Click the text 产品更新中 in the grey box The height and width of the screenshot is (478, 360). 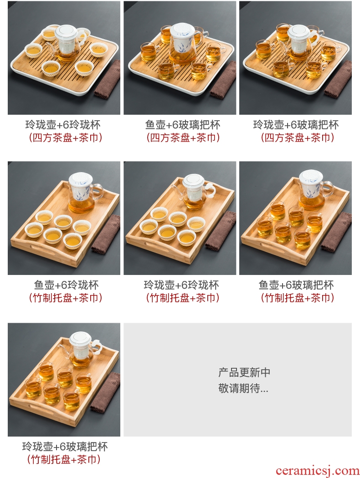click(244, 372)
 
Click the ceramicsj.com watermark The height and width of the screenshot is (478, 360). click(317, 471)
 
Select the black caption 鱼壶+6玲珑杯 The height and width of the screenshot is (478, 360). click(66, 285)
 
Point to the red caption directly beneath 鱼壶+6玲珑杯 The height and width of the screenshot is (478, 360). click(65, 298)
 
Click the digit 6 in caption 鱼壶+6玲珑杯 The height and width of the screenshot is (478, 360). click(64, 285)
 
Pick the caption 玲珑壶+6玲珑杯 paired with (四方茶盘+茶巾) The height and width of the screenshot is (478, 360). click(63, 125)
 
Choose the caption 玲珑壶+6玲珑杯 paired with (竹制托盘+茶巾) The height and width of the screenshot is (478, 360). click(181, 285)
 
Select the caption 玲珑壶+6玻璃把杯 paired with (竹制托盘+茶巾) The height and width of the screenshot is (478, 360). click(65, 447)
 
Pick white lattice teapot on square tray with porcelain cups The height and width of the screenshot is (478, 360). click(67, 43)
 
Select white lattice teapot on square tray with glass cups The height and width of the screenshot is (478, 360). click(300, 43)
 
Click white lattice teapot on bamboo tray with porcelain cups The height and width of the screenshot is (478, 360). click(194, 191)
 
